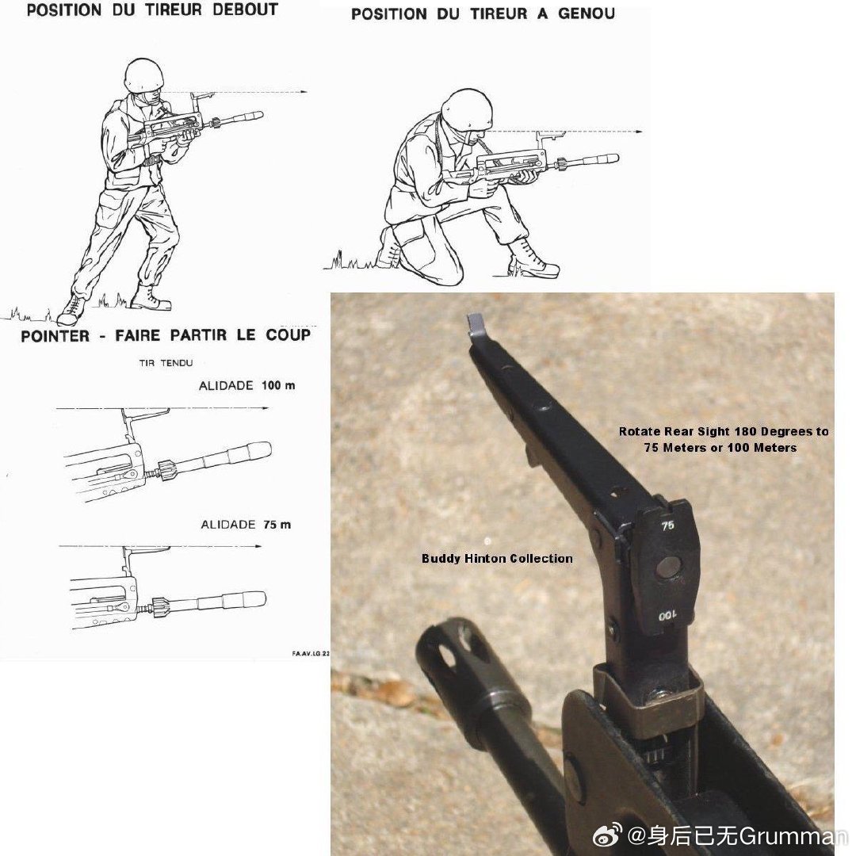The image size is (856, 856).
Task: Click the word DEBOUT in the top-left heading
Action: (245, 10)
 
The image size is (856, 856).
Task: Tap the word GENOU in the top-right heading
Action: (587, 13)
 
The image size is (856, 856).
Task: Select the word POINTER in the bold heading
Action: (55, 336)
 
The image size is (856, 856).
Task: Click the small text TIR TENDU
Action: (166, 363)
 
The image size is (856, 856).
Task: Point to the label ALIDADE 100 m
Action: (246, 386)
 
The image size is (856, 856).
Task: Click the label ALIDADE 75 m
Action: (246, 525)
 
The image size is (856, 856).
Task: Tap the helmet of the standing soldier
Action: (143, 75)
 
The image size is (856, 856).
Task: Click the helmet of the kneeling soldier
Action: (467, 109)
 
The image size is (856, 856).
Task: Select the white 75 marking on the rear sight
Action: (667, 525)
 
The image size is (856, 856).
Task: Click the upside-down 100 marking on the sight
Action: (667, 616)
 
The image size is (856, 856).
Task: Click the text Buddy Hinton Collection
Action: (497, 559)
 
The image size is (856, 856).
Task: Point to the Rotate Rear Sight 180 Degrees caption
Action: (724, 439)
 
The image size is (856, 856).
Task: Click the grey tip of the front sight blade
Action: (475, 323)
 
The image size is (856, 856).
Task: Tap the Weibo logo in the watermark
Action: (607, 835)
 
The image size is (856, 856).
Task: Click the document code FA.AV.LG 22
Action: (311, 653)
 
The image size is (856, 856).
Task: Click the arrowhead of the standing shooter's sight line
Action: (304, 92)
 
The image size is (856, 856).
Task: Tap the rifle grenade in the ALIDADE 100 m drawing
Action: (215, 462)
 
